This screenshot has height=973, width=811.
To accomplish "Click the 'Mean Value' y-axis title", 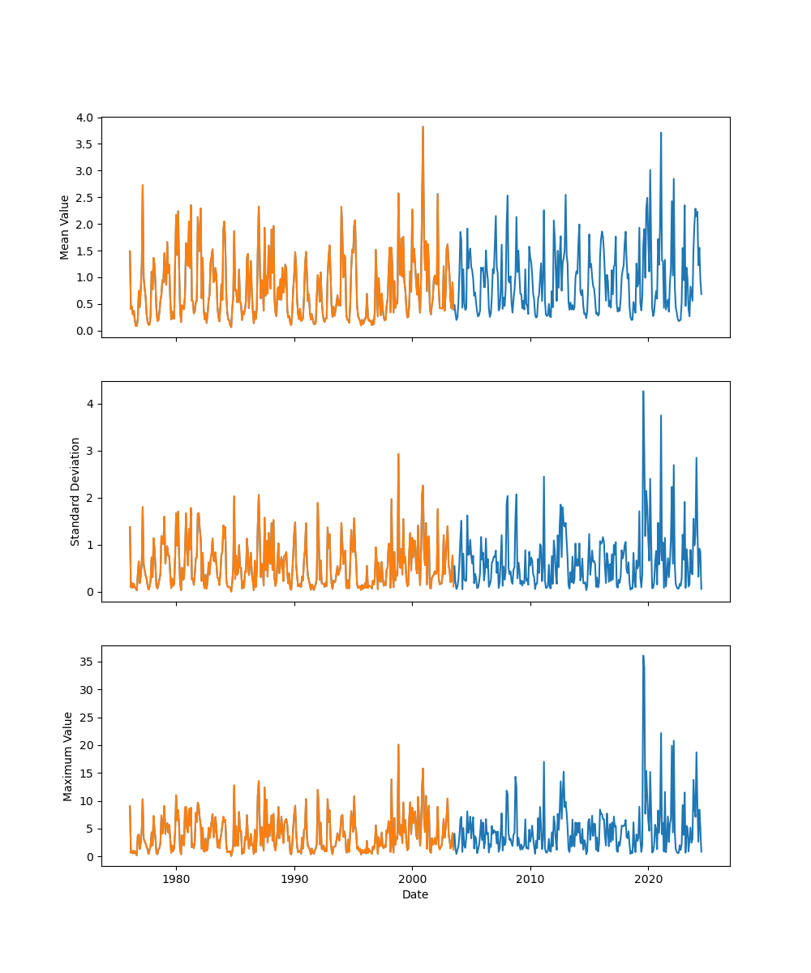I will click(65, 227).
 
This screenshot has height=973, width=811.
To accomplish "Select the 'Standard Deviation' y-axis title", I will click(75, 491).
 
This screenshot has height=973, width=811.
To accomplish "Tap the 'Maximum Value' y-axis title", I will click(69, 757).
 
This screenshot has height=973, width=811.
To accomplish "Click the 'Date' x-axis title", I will click(415, 895).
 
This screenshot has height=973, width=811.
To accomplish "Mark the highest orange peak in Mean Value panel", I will click(423, 126).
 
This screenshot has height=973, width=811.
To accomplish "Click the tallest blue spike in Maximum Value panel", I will click(643, 656).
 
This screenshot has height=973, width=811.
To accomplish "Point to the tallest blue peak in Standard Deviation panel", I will click(643, 392).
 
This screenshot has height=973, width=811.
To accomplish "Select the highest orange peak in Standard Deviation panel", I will click(398, 454).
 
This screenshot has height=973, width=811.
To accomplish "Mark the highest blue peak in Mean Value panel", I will click(661, 133).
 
